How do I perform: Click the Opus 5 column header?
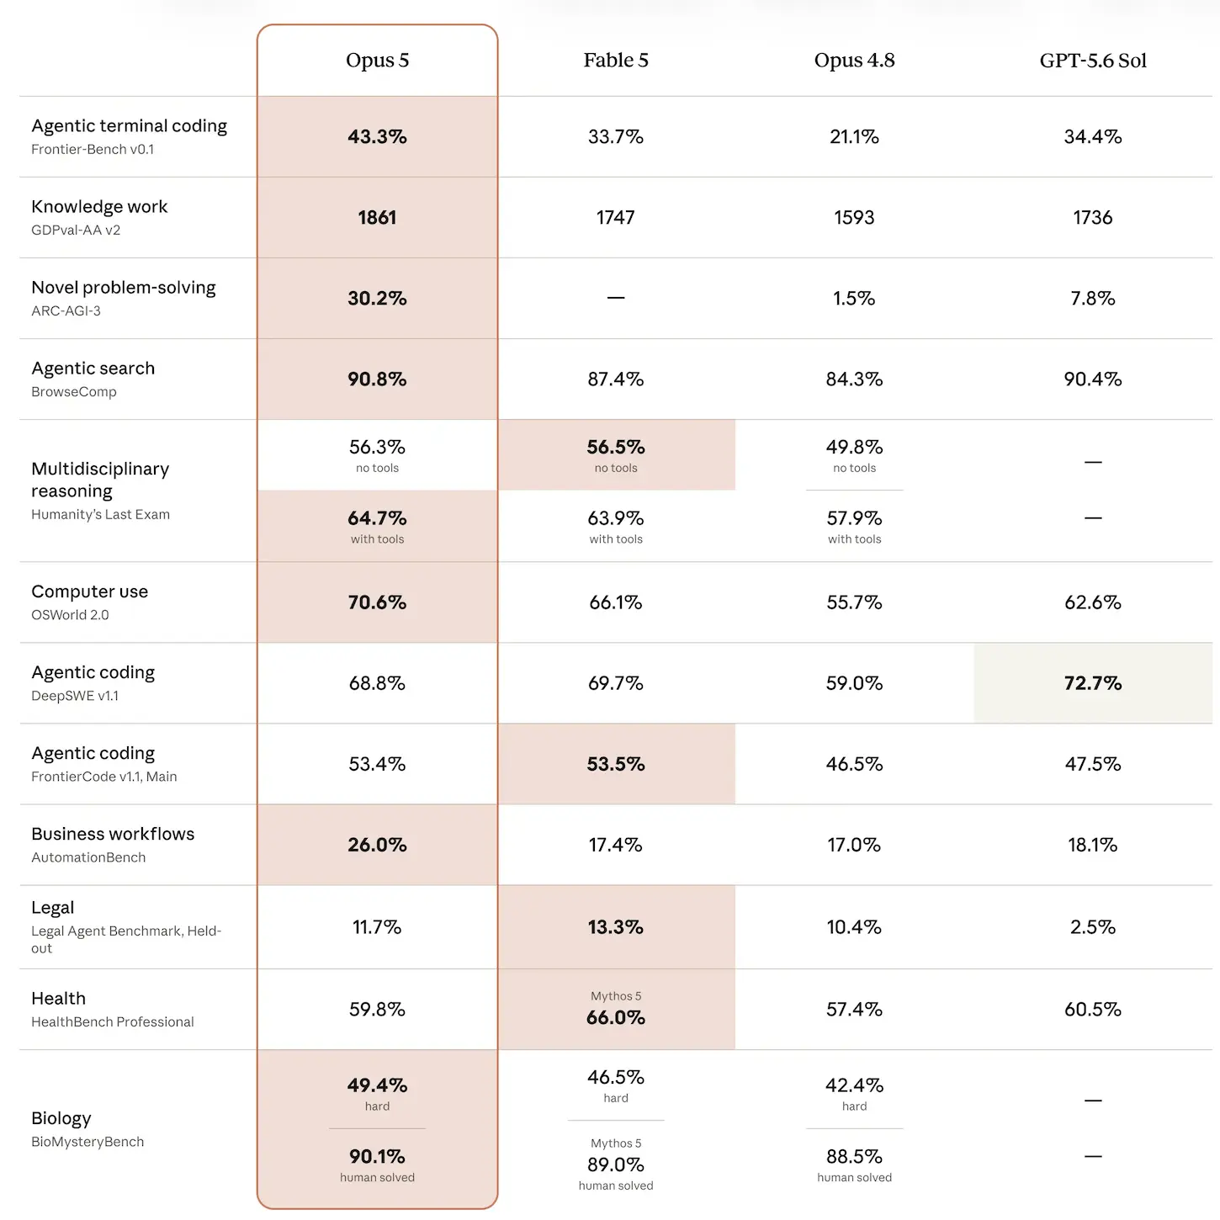tap(377, 60)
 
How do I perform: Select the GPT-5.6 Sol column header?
tap(1093, 60)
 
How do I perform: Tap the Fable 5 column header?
tap(615, 60)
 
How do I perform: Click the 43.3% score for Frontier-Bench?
tap(377, 137)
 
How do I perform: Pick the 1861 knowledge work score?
tap(377, 217)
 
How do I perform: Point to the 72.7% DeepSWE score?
tap(1093, 683)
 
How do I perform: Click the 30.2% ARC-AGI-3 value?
tap(377, 298)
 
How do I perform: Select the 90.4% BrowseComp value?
tap(1093, 379)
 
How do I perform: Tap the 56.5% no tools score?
tap(615, 447)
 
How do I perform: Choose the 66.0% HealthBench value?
tap(615, 1017)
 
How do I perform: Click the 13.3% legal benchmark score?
tap(615, 927)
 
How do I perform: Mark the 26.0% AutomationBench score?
tap(377, 845)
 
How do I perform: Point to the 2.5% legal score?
tap(1093, 927)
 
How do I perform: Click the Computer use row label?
tap(89, 591)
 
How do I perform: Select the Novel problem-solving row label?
tap(124, 288)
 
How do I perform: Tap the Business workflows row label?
tap(113, 834)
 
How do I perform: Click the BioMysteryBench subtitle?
tap(88, 1142)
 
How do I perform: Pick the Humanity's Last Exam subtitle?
tap(101, 514)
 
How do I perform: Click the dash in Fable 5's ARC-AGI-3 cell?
tap(615, 298)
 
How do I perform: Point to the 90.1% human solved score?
tap(377, 1157)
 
